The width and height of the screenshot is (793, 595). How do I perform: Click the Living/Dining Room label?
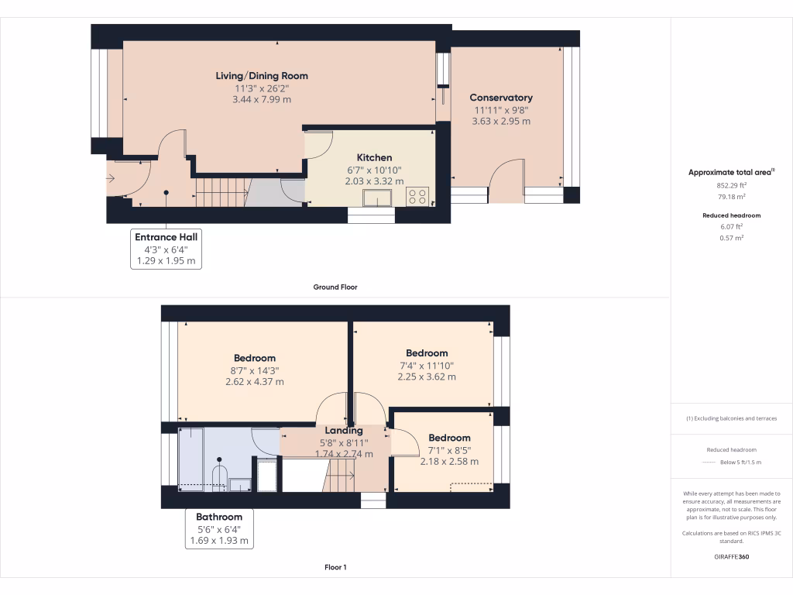(x=262, y=76)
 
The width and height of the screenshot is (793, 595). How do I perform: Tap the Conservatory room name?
(x=501, y=98)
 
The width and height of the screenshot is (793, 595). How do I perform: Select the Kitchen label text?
(x=374, y=157)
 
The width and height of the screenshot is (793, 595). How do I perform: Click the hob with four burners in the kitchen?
(x=417, y=197)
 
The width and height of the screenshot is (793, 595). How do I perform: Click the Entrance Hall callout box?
(x=166, y=249)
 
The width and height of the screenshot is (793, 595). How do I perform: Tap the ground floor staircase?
(x=221, y=191)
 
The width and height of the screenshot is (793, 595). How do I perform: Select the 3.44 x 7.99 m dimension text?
(x=262, y=99)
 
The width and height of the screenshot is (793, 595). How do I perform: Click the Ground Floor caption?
(x=335, y=287)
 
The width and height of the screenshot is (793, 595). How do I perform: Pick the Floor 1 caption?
(x=335, y=567)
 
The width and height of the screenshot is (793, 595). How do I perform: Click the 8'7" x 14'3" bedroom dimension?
(x=254, y=370)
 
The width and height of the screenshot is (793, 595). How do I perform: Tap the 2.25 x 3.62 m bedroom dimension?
(x=427, y=377)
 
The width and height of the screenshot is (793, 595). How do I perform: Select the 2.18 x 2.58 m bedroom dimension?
(x=449, y=462)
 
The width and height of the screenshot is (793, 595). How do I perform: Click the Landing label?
(x=344, y=431)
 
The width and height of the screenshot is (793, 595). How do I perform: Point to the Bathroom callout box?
(x=219, y=529)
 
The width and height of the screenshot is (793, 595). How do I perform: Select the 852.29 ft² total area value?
(x=731, y=186)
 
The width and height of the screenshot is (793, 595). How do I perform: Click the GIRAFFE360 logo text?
(x=731, y=556)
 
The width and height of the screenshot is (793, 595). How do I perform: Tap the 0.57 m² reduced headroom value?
(x=731, y=238)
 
